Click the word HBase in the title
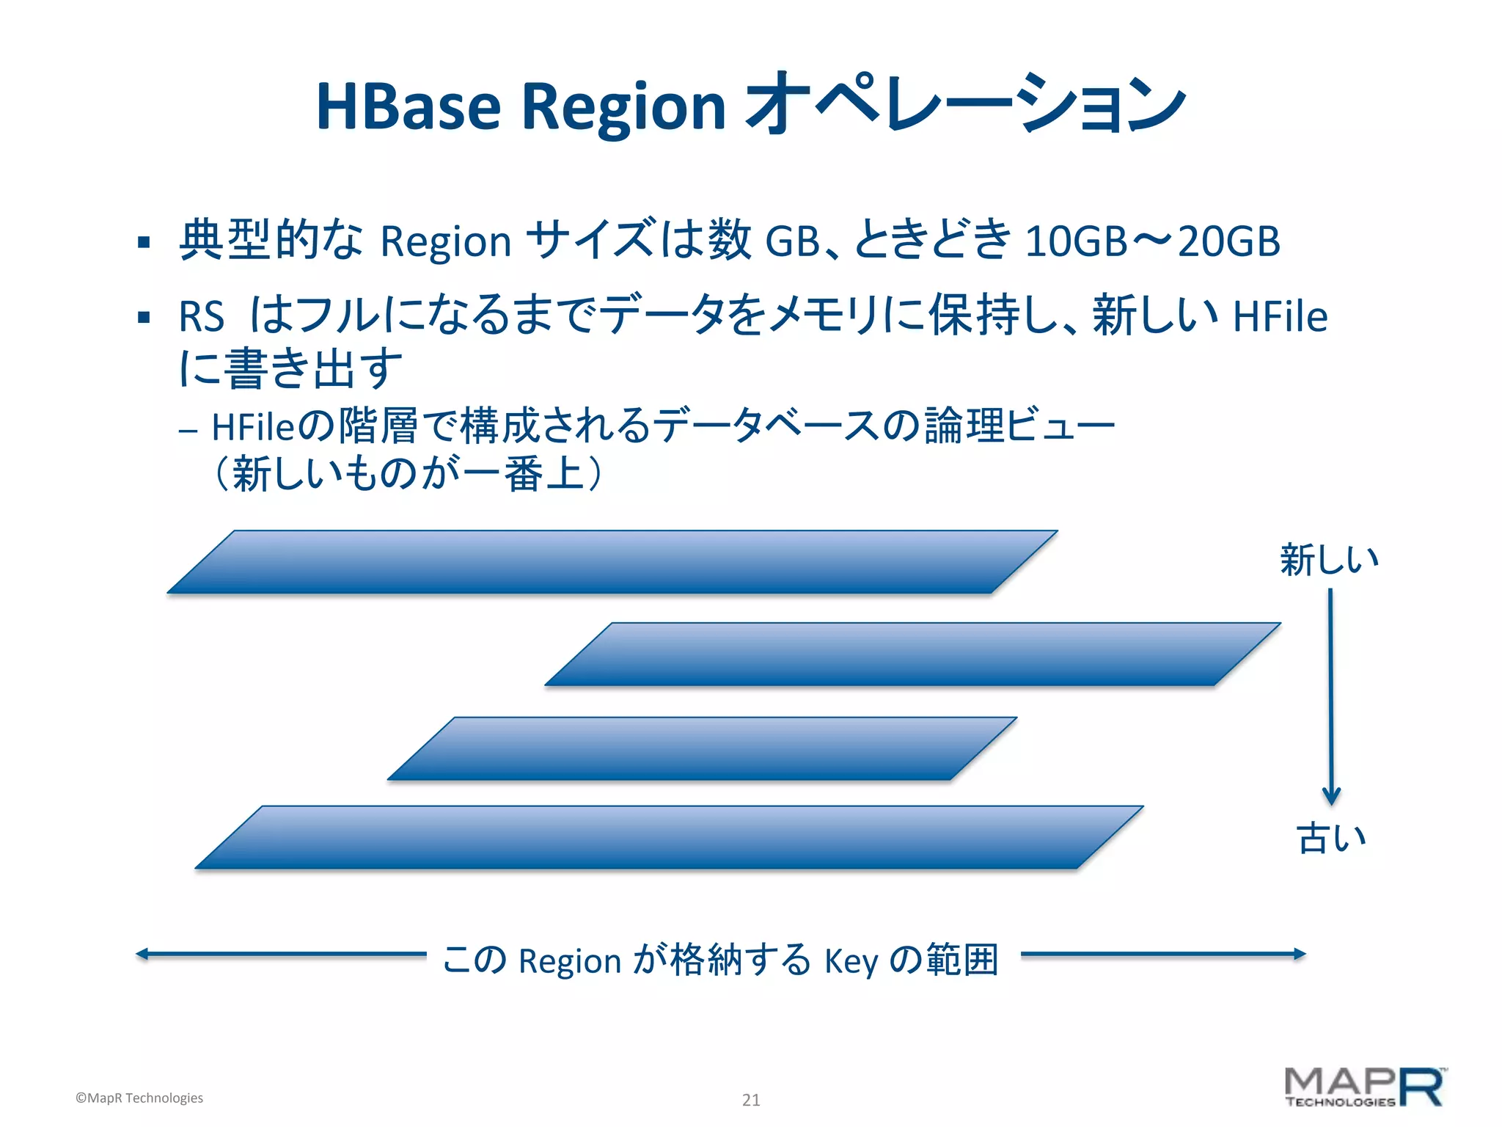click(x=408, y=107)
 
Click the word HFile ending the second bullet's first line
click(x=1280, y=316)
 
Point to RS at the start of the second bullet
click(x=201, y=317)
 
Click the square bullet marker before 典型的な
click(x=144, y=242)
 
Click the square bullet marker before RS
click(x=144, y=318)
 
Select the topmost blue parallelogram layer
click(x=612, y=562)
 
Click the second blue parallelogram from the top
click(x=912, y=654)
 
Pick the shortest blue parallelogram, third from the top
click(x=702, y=748)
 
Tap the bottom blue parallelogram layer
click(x=669, y=837)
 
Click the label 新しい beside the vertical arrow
click(x=1329, y=561)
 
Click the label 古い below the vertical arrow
click(x=1331, y=838)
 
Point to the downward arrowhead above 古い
click(x=1331, y=797)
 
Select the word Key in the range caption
click(x=851, y=961)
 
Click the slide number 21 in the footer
click(x=751, y=1099)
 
